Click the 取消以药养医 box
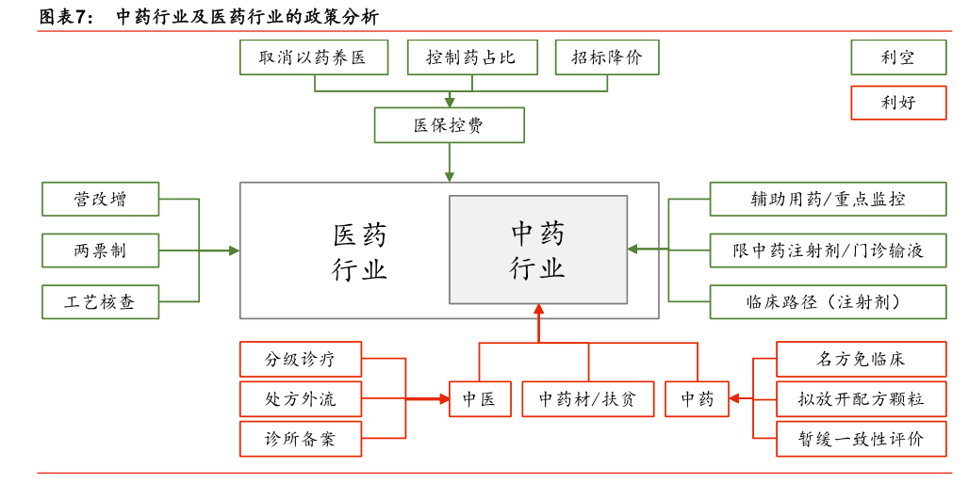pyautogui.click(x=313, y=57)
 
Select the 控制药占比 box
pyautogui.click(x=471, y=57)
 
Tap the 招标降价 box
pyautogui.click(x=607, y=57)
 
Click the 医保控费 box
pyautogui.click(x=450, y=125)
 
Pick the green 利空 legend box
pyautogui.click(x=898, y=57)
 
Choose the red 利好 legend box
pyautogui.click(x=898, y=103)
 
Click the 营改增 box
pyautogui.click(x=100, y=199)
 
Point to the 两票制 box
pyautogui.click(x=100, y=250)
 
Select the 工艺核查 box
pyautogui.click(x=100, y=302)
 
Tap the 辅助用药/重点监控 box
pyautogui.click(x=828, y=199)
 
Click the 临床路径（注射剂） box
pyautogui.click(x=828, y=302)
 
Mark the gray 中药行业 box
pyautogui.click(x=538, y=250)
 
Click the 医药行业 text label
pyautogui.click(x=360, y=251)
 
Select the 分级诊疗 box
pyautogui.click(x=301, y=359)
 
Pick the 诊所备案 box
pyautogui.click(x=301, y=439)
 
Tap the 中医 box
pyautogui.click(x=480, y=399)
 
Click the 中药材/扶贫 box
pyautogui.click(x=587, y=399)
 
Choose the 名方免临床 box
pyautogui.click(x=861, y=359)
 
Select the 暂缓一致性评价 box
pyautogui.click(x=861, y=439)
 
